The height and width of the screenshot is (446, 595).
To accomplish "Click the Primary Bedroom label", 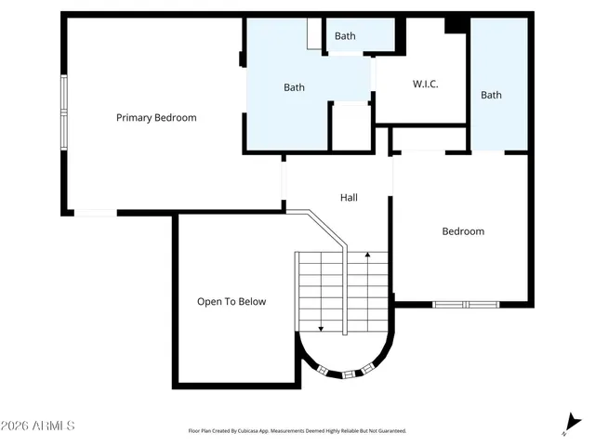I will point(156,118).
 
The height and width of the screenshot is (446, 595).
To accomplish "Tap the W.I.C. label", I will point(425,85).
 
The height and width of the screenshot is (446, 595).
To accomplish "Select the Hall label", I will point(349,198).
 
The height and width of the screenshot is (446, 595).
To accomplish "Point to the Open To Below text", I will point(231,302).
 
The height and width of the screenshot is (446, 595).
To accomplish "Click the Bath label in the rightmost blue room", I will point(491,95).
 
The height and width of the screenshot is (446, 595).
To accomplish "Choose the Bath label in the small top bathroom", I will point(345,36).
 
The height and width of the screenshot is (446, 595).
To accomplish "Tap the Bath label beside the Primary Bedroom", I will point(294,88).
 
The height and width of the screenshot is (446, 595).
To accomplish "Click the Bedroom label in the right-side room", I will point(462,231).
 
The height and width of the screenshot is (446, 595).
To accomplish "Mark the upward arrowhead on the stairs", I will point(368,254).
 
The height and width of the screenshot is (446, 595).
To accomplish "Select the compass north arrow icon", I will point(570,425).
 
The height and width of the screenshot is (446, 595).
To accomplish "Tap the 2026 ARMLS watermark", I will point(38,426).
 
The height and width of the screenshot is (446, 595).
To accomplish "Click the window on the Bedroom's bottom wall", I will point(466,304).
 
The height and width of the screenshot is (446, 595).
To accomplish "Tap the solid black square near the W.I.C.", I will point(454,25).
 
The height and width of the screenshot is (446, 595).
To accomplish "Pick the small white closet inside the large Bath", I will point(351,127).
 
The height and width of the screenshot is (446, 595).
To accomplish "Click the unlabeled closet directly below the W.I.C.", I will point(429,139).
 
